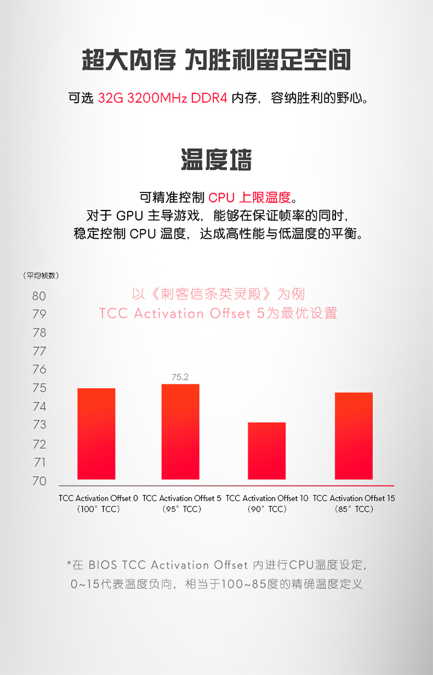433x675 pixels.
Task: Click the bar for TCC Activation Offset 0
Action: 96,433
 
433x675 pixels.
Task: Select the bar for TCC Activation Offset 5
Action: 180,431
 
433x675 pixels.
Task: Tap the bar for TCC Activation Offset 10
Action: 267,451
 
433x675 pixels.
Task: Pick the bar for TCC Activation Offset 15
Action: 353,436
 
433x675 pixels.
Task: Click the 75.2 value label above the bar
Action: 180,377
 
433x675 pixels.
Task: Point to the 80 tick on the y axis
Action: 39,296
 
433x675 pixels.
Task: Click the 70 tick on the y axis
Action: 39,481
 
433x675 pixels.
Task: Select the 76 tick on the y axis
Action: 39,369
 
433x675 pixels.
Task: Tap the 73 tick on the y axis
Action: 39,425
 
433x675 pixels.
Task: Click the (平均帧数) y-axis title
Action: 40,276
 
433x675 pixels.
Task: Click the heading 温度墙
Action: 216,160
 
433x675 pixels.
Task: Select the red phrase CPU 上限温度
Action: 249,198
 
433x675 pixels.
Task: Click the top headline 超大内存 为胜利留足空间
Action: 216,60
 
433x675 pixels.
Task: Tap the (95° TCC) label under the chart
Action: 182,509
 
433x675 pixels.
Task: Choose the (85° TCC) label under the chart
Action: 354,509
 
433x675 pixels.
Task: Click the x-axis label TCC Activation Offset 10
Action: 267,498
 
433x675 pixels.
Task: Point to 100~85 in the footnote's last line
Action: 243,584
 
